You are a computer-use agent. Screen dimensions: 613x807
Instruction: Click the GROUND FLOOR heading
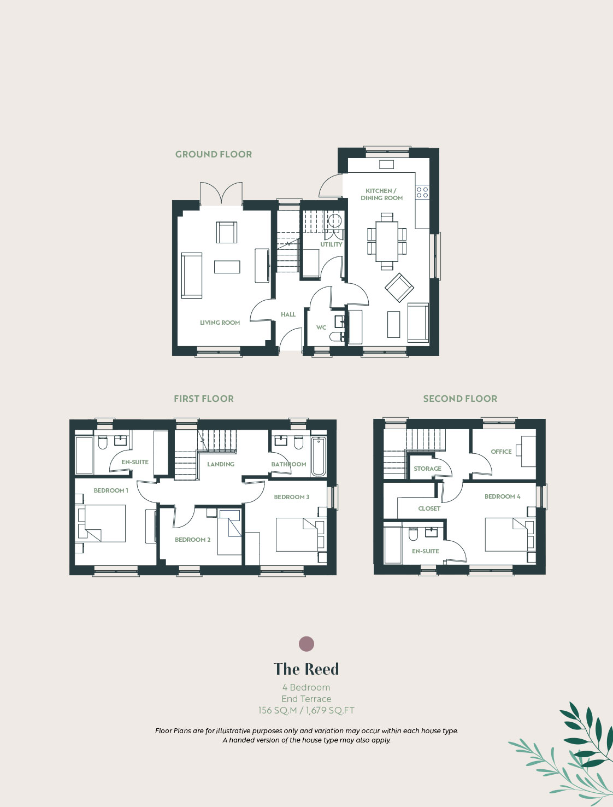pos(214,154)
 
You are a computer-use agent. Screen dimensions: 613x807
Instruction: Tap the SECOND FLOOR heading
pos(460,399)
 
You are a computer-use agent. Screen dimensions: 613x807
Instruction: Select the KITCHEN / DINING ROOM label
pos(381,194)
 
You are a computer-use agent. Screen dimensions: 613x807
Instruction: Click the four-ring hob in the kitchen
pos(422,192)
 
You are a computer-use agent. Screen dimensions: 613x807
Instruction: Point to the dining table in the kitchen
pos(387,241)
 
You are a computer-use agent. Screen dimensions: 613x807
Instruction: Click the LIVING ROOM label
pos(220,323)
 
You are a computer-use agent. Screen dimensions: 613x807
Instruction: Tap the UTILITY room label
pos(331,244)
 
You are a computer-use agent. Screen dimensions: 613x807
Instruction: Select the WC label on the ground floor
pos(321,327)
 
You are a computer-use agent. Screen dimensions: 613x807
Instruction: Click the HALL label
pos(288,314)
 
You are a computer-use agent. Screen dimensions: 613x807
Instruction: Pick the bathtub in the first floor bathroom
pos(319,456)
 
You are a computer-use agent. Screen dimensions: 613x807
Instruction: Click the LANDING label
pos(220,464)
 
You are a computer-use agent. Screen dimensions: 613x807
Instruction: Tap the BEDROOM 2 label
pos(192,539)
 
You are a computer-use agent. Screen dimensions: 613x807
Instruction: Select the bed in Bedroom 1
pos(102,523)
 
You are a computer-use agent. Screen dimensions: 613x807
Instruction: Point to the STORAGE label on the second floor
pos(428,469)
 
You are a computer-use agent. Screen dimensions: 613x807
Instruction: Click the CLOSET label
pos(429,508)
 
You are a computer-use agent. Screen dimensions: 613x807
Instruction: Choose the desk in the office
pos(528,451)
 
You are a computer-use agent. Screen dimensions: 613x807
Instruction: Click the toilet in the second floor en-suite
pos(413,534)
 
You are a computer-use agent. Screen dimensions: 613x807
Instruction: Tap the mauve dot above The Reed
pos(306,644)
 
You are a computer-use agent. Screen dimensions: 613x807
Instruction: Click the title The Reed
pos(306,669)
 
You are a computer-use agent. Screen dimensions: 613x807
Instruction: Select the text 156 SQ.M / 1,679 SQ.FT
pos(306,710)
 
